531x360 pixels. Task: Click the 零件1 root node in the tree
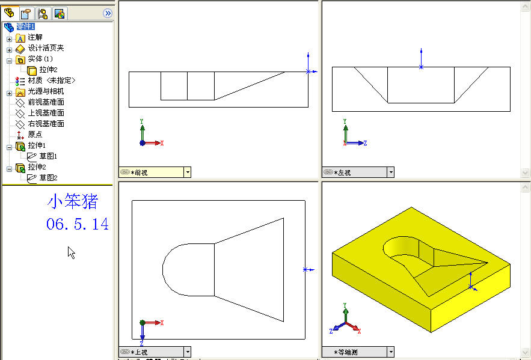tap(26, 26)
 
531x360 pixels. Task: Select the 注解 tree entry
tap(35, 37)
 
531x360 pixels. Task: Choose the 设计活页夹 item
tap(46, 48)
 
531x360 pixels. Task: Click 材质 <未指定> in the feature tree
tap(52, 81)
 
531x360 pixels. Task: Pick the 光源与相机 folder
tap(46, 91)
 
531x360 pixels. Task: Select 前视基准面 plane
tap(46, 102)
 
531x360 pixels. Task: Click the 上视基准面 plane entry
tap(46, 113)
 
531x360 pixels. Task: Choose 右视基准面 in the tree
tap(46, 124)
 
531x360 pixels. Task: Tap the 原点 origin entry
tap(35, 135)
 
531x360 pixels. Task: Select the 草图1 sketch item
tap(48, 156)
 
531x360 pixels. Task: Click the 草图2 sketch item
tap(48, 178)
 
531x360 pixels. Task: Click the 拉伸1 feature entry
tap(37, 145)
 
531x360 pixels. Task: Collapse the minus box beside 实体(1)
tap(9, 61)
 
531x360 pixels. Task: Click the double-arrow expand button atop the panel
tap(108, 13)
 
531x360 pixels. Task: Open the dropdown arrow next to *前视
tap(188, 172)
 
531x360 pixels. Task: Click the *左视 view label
tap(342, 172)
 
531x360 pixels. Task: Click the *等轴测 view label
tap(345, 352)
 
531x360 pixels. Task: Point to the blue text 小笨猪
tap(73, 201)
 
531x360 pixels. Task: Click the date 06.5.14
tap(78, 224)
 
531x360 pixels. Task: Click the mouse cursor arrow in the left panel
tap(71, 252)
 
